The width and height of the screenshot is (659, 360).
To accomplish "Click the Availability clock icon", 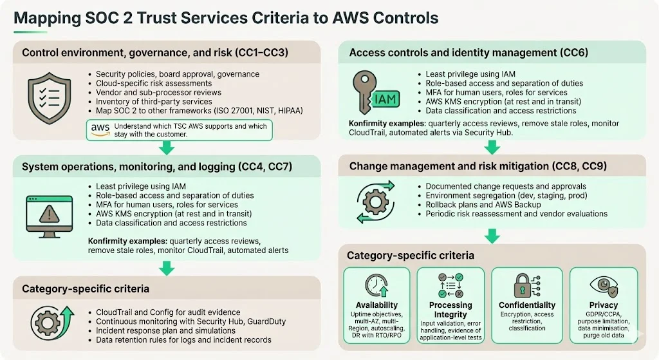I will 376,285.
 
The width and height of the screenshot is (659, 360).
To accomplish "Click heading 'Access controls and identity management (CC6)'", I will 469,53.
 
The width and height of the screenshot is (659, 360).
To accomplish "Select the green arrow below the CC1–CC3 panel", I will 167,147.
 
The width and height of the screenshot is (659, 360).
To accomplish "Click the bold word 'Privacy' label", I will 603,305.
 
